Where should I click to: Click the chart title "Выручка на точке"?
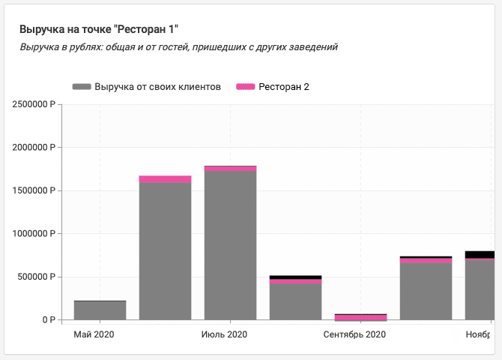tap(99, 29)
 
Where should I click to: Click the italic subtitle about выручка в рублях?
tap(178, 46)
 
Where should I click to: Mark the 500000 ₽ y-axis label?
tap(37, 277)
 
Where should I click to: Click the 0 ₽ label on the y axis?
tap(49, 320)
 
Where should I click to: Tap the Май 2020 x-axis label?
tap(94, 334)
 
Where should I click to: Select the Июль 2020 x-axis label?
tap(224, 334)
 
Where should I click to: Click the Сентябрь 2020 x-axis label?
tap(354, 334)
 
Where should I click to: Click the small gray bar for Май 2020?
tap(100, 310)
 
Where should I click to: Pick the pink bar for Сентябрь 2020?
tap(361, 317)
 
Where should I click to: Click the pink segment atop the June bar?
tap(166, 179)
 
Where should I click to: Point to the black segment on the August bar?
tap(296, 277)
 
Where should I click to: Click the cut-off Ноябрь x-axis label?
tap(479, 334)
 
